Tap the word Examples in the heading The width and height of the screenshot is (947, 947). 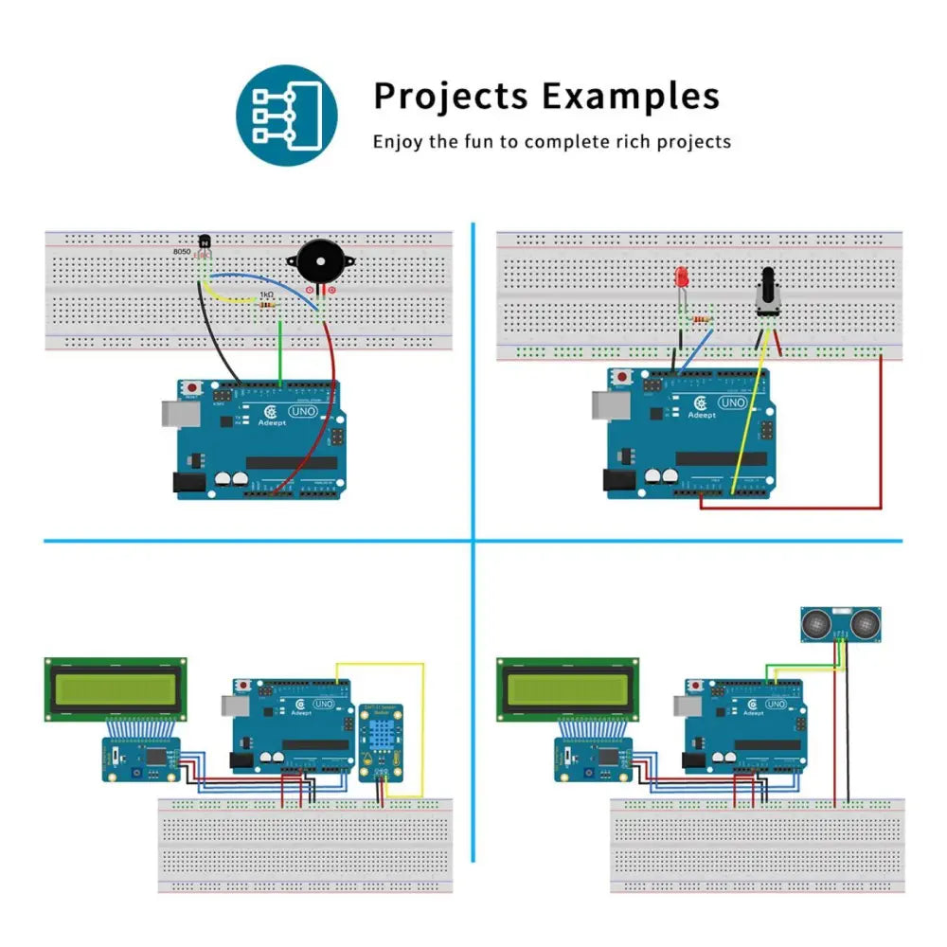point(630,97)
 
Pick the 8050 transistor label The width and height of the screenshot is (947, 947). point(182,252)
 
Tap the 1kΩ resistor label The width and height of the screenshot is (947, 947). point(266,295)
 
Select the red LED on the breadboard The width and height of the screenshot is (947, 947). point(681,278)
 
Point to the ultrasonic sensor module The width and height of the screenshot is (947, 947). point(837,622)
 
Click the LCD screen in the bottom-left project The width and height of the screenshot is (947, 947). point(116,688)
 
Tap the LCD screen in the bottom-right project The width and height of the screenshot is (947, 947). point(567,688)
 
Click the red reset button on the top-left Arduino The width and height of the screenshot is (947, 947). point(194,388)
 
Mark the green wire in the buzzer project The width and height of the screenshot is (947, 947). point(280,352)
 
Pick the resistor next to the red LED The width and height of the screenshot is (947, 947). point(702,320)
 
